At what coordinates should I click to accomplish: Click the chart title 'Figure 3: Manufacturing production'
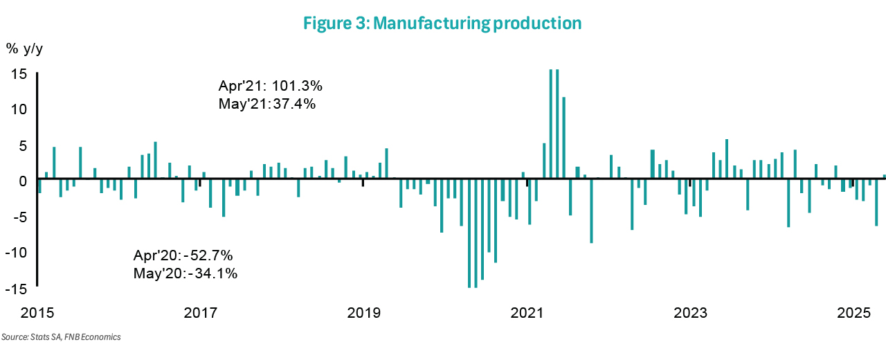(x=442, y=23)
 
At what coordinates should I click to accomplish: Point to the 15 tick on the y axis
(x=19, y=73)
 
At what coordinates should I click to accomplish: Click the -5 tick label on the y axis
(x=17, y=216)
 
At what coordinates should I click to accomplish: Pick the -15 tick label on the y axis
(x=15, y=287)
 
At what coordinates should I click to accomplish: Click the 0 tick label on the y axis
(x=23, y=180)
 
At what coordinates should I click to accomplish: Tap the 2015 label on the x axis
(x=37, y=313)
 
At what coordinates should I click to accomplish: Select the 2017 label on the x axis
(x=201, y=313)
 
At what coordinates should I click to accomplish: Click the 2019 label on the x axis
(x=364, y=313)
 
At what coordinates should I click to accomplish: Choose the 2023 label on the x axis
(x=690, y=313)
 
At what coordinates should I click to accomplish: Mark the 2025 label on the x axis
(x=853, y=313)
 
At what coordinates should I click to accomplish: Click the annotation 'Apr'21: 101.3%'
(x=271, y=87)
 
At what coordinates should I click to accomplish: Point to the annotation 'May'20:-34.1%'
(x=186, y=273)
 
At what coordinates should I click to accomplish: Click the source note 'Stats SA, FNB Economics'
(x=61, y=337)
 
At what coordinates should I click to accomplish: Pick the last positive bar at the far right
(x=883, y=177)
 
